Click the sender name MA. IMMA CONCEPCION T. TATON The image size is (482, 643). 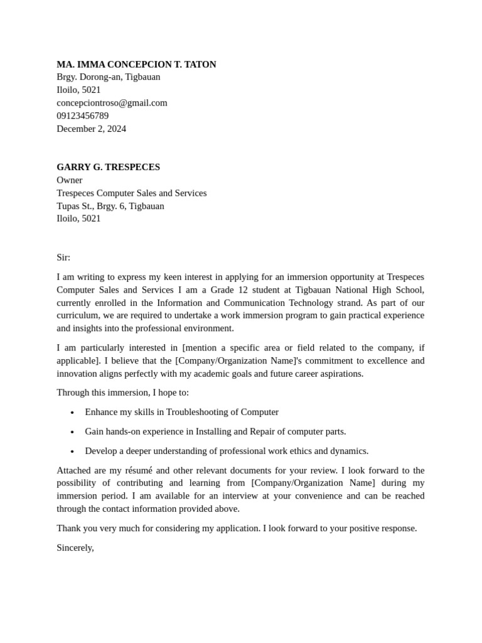pos(136,64)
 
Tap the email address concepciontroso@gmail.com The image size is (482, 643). pos(112,102)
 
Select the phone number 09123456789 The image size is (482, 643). pos(82,116)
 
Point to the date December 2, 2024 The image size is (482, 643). pos(91,129)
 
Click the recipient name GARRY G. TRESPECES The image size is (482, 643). pos(108,167)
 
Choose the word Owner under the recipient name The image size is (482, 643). pos(69,180)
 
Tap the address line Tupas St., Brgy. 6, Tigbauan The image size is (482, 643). pos(110,206)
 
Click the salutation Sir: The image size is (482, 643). pos(63,257)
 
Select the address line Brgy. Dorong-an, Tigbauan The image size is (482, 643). pos(108,77)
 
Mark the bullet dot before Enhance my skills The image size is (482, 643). pos(72,413)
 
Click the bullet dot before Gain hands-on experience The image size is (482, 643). pos(72,432)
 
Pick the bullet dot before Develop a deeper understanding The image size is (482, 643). pos(72,451)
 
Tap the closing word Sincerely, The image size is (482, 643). pos(75,548)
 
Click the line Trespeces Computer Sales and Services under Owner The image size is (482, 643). pos(131,193)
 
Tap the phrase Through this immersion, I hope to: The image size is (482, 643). pos(122,392)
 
